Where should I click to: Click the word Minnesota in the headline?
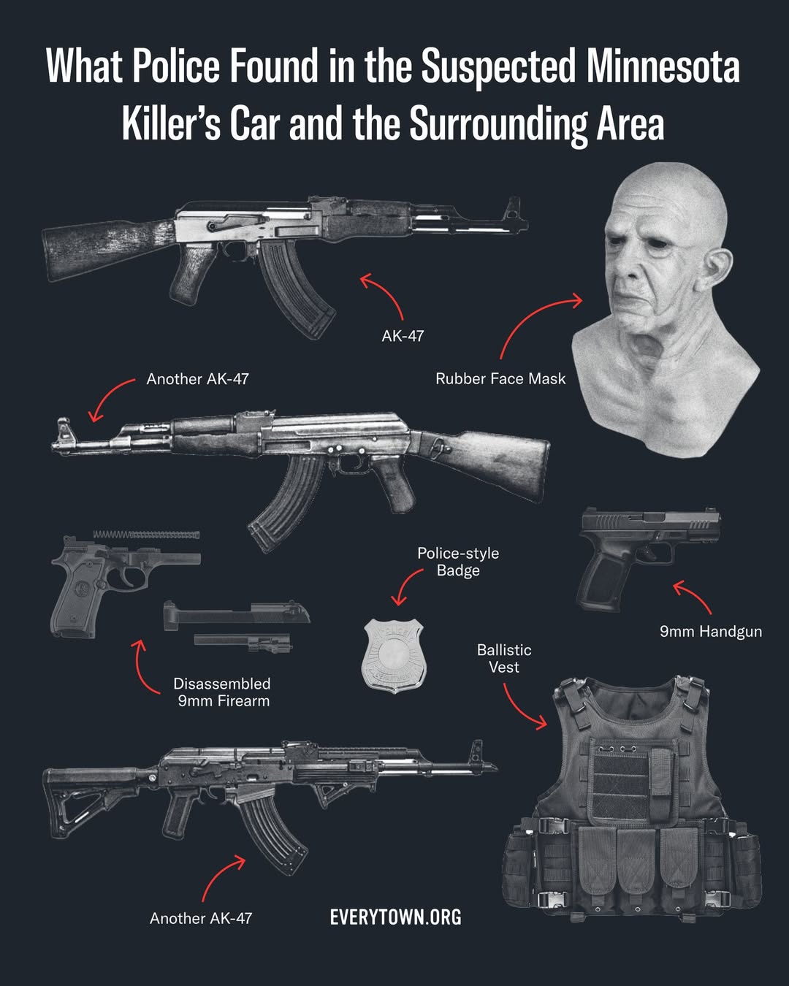pos(663,66)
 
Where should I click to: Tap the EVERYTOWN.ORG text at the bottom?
pos(396,917)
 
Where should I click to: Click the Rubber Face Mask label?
pos(500,379)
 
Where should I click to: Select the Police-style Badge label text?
pos(458,562)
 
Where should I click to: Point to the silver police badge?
pos(394,656)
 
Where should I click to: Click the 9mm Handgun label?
pos(711,632)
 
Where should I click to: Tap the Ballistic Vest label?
pos(504,658)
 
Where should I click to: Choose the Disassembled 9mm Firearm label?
pos(222,692)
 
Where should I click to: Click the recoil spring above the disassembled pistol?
pos(146,534)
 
